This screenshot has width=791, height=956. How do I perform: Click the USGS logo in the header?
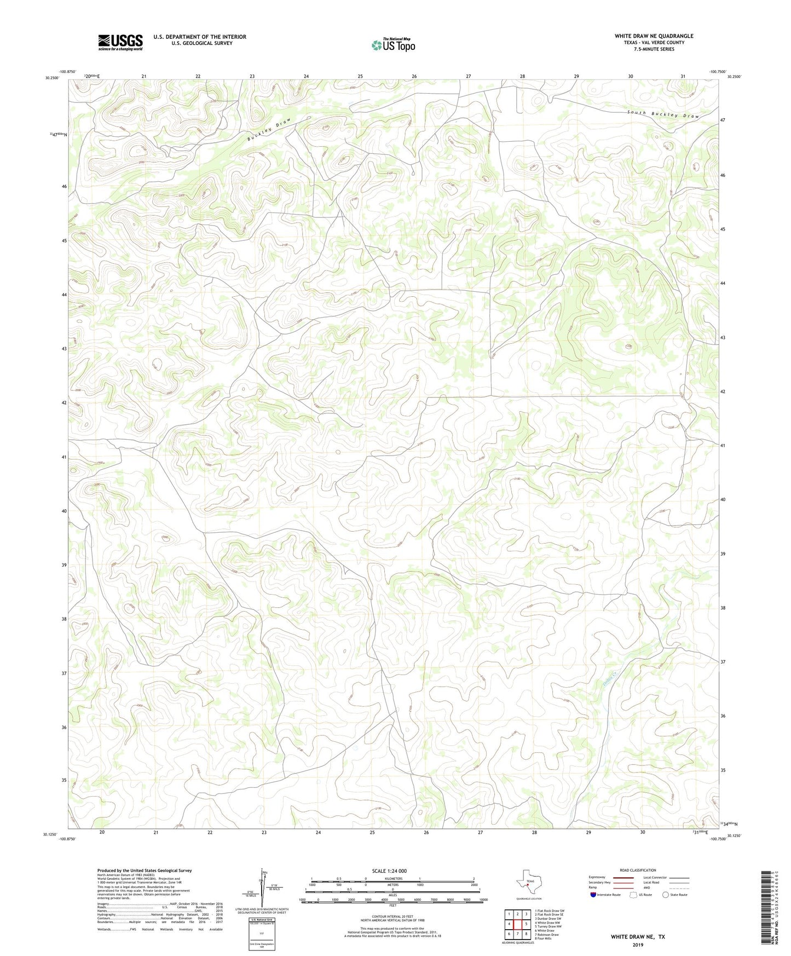pyautogui.click(x=120, y=42)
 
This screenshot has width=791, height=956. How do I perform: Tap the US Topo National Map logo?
pyautogui.click(x=393, y=45)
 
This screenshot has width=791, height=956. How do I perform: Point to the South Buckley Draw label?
pyautogui.click(x=663, y=114)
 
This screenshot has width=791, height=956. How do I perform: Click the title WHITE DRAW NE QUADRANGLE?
pyautogui.click(x=654, y=36)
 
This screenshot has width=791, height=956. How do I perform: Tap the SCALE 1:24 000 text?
pyautogui.click(x=389, y=871)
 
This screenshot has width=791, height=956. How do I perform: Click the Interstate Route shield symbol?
pyautogui.click(x=593, y=895)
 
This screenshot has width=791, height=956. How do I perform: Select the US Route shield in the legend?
pyautogui.click(x=633, y=895)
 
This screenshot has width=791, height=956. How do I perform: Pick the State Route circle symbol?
pyautogui.click(x=665, y=895)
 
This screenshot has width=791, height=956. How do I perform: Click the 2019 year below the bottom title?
pyautogui.click(x=637, y=945)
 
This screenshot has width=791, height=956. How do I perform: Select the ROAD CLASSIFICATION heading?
pyautogui.click(x=638, y=870)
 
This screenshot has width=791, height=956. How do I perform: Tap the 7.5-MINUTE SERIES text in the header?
pyautogui.click(x=654, y=49)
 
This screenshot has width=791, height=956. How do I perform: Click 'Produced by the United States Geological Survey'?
pyautogui.click(x=145, y=870)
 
